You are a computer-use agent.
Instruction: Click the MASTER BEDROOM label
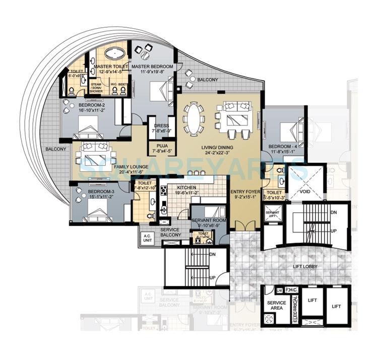click(152, 66)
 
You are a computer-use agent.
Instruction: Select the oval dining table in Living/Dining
click(193, 118)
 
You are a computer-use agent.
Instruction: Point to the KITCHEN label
click(200, 185)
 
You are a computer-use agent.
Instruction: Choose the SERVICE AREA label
click(277, 306)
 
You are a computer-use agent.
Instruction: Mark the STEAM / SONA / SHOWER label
click(96, 88)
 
